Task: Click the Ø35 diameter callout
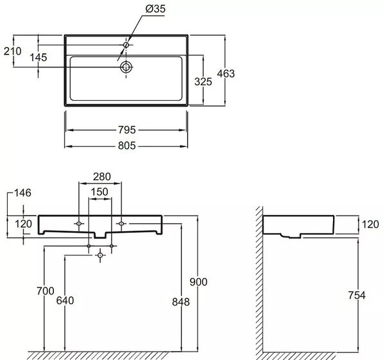(x=155, y=8)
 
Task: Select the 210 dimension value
(x=13, y=51)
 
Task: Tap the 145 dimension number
(x=38, y=58)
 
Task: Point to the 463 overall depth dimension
(x=226, y=73)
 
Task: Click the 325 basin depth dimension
(x=203, y=81)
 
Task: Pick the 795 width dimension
(x=127, y=130)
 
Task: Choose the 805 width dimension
(x=127, y=146)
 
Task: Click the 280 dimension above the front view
(x=102, y=176)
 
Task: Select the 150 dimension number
(x=99, y=192)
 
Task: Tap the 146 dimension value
(x=22, y=193)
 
